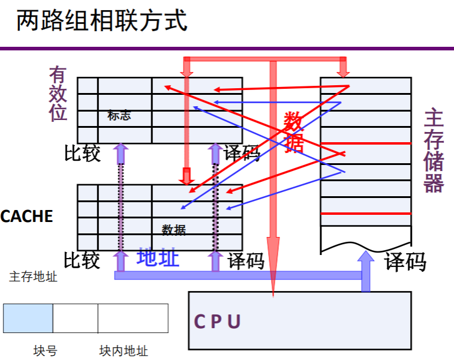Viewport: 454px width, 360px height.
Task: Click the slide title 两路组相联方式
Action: [102, 21]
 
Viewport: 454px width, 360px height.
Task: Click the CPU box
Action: [300, 320]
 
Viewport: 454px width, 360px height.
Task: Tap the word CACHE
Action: [26, 217]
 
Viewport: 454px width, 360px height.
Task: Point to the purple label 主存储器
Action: [433, 150]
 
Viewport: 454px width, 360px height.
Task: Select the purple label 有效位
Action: [58, 94]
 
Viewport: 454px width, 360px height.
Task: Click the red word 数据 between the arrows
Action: [293, 132]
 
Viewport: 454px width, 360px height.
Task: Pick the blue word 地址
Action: [158, 257]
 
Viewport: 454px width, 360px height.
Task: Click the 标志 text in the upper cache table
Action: [119, 116]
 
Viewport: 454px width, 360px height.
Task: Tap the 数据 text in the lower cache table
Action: [173, 230]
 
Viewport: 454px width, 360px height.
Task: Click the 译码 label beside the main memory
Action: [405, 262]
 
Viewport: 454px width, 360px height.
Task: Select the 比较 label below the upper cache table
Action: [82, 154]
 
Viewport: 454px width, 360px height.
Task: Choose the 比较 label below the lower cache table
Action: [82, 260]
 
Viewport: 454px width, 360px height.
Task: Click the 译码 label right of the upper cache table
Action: [242, 154]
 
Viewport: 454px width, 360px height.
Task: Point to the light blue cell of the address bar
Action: [28, 318]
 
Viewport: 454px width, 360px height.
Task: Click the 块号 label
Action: [45, 351]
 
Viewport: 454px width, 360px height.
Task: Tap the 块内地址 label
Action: [124, 351]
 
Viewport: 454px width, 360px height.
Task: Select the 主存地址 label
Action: [34, 277]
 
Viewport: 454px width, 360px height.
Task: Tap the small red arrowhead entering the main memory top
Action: [343, 71]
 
